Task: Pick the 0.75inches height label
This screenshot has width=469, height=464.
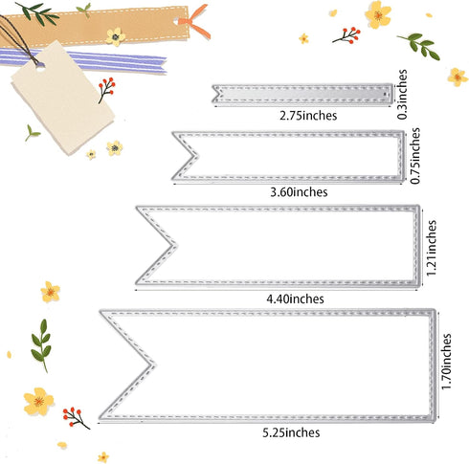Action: (x=413, y=159)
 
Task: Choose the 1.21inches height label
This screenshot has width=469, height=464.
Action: (x=432, y=247)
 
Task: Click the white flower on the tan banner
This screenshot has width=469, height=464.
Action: (x=116, y=36)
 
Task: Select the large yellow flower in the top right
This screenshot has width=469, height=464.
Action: (x=378, y=13)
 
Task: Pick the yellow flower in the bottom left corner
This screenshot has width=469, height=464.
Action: (x=38, y=401)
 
